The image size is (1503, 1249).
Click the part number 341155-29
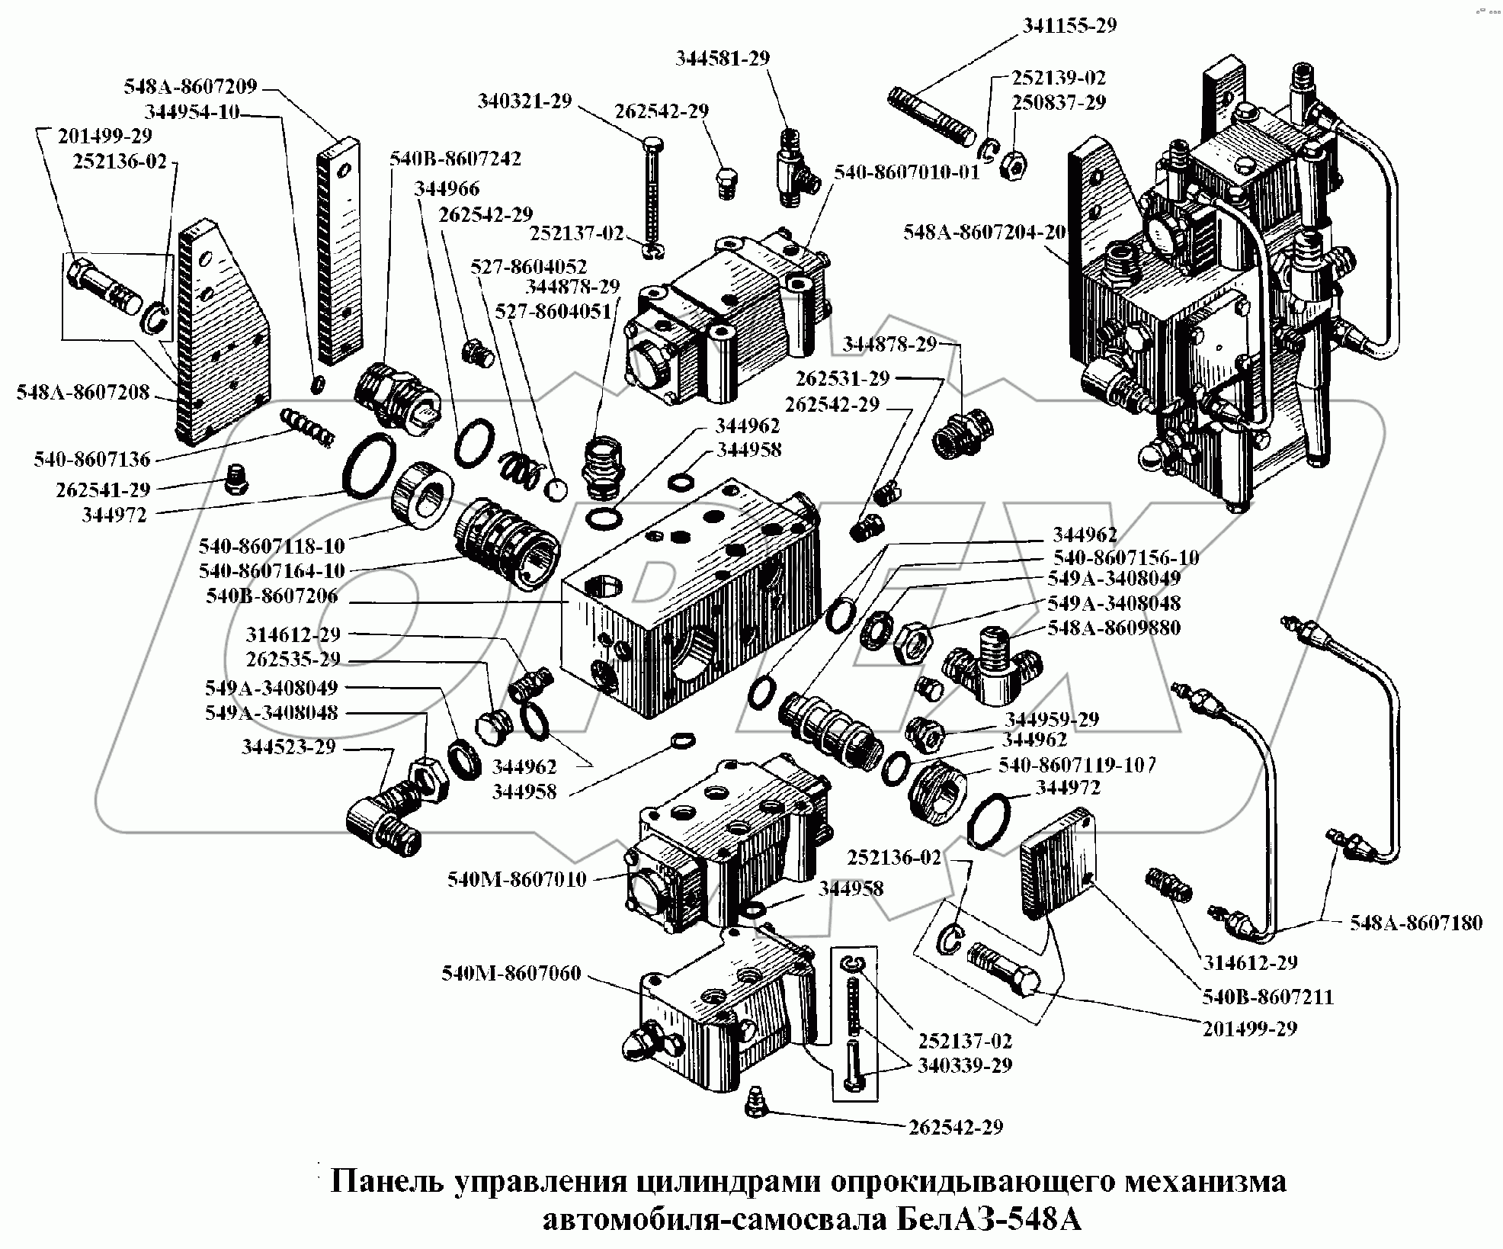coord(1069,25)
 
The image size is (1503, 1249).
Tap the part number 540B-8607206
coord(272,596)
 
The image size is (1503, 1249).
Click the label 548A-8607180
coord(1416,923)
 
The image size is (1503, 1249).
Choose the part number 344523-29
coord(289,747)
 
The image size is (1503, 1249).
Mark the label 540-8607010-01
coord(905,172)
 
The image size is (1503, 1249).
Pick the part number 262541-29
coord(104,489)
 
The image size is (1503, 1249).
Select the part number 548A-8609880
coord(1114,628)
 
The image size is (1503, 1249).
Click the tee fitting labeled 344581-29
coord(793,173)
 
